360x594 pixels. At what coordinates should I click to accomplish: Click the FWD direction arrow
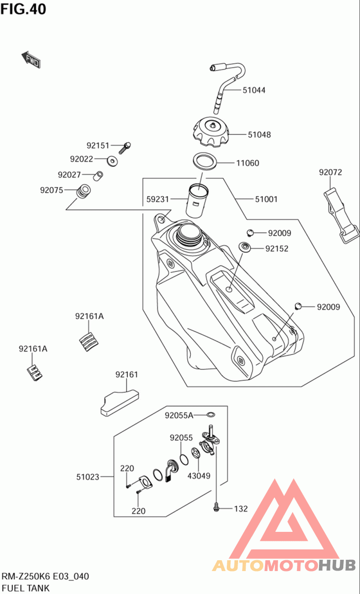click(x=31, y=60)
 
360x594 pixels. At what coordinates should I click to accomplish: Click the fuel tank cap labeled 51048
click(x=211, y=132)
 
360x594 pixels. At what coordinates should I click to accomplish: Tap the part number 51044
click(x=254, y=90)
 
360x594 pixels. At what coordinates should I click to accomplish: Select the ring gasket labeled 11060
click(x=205, y=161)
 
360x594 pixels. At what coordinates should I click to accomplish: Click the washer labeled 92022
click(x=112, y=161)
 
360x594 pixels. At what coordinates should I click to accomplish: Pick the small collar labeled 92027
click(x=98, y=176)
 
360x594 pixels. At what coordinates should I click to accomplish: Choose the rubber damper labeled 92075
click(x=83, y=191)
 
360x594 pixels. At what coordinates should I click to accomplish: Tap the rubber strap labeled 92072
click(x=341, y=215)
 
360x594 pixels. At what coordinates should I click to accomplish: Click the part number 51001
click(x=266, y=199)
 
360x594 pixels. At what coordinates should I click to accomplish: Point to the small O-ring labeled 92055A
click(x=211, y=414)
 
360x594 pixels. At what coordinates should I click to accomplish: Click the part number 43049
click(x=199, y=476)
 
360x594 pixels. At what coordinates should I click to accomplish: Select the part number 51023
click(x=88, y=477)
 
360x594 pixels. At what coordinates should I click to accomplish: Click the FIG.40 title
click(x=23, y=9)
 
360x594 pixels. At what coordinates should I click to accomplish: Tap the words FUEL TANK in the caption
click(x=26, y=588)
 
